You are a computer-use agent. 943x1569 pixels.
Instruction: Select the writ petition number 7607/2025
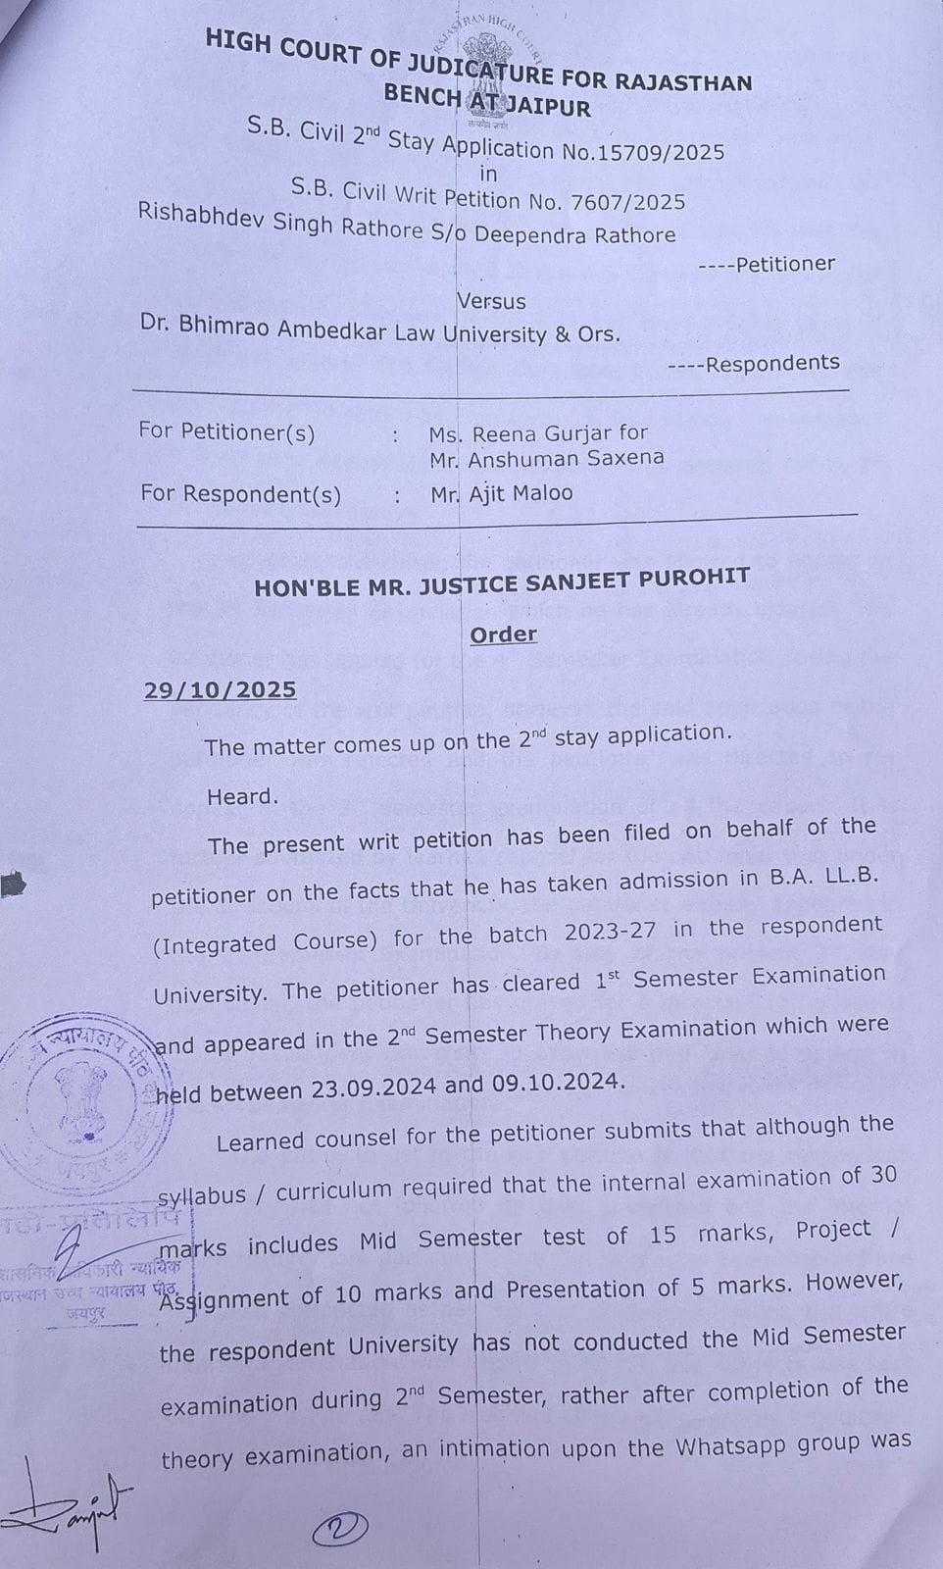coord(632,202)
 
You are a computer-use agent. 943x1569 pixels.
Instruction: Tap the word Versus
coord(491,301)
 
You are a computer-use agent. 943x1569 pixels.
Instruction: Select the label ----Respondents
coord(754,364)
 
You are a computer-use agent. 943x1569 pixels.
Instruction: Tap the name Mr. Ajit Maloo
coord(501,493)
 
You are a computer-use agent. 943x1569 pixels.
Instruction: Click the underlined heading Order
coord(503,634)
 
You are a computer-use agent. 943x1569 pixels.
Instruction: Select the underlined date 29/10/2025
coord(221,689)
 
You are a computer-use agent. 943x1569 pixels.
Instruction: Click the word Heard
coord(242,796)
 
